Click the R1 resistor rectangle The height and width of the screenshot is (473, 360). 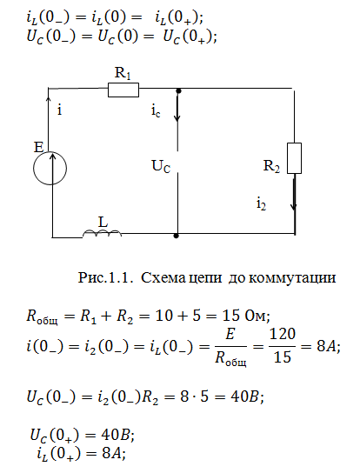point(123,90)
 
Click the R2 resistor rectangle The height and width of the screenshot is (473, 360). point(294,158)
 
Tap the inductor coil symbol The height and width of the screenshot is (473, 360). point(102,233)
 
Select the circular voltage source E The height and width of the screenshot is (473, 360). point(50,168)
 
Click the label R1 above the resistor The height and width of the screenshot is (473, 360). point(123,73)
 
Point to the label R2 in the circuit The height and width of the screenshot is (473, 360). point(271,166)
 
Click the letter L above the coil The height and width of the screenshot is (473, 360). point(103,223)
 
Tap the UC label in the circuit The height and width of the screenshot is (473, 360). point(161,166)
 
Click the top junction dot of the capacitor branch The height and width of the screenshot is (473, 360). point(178,90)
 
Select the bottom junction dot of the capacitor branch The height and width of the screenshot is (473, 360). point(177,236)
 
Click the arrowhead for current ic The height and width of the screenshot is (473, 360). point(177,117)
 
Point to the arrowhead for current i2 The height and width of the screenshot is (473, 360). point(294,206)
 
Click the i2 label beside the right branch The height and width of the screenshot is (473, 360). point(262,204)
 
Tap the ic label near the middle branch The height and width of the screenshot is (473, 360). point(156,111)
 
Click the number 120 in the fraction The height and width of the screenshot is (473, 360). point(282,334)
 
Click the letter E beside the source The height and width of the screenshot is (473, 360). point(38,147)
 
